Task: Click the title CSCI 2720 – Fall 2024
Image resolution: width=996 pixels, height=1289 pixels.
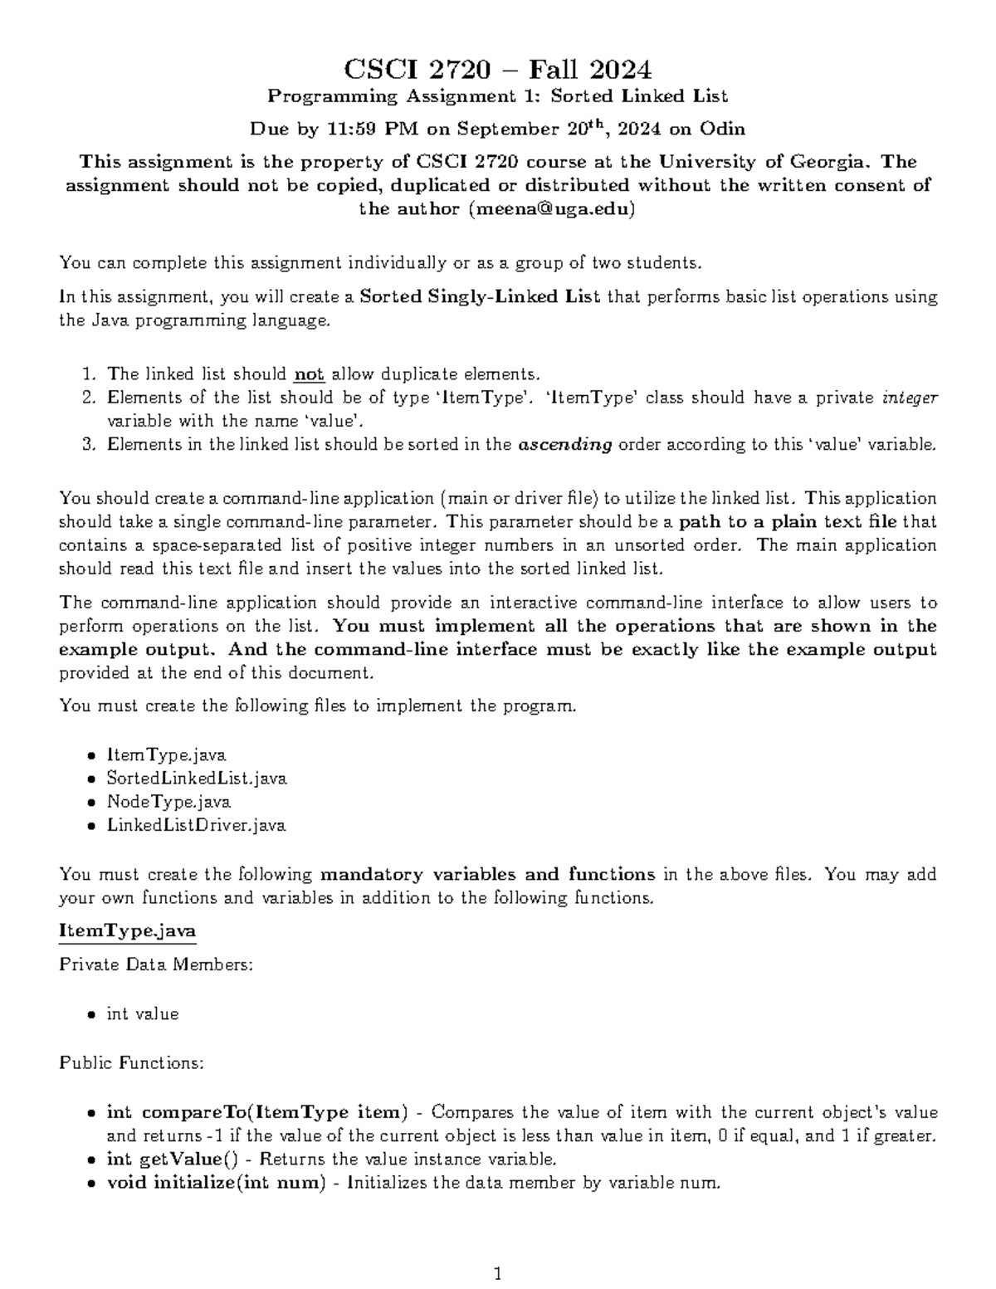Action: (497, 68)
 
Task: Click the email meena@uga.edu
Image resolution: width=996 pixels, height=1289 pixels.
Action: (551, 209)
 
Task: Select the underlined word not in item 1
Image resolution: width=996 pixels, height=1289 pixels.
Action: (309, 374)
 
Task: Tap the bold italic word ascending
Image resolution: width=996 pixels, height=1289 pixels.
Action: (564, 445)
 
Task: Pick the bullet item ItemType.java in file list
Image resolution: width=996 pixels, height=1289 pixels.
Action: (166, 755)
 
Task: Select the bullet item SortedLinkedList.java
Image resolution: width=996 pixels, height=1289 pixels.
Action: (197, 779)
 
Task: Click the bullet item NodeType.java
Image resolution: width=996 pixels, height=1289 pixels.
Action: (168, 802)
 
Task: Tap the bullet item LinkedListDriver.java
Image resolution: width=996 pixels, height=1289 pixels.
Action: (196, 825)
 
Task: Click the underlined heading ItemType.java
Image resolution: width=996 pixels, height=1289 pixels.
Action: (127, 931)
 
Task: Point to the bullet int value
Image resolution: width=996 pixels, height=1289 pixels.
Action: (142, 1014)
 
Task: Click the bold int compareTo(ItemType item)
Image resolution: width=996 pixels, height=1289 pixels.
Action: (257, 1112)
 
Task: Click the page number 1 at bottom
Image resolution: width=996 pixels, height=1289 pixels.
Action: (498, 1273)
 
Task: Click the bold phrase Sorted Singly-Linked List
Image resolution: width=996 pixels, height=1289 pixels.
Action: (481, 297)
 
